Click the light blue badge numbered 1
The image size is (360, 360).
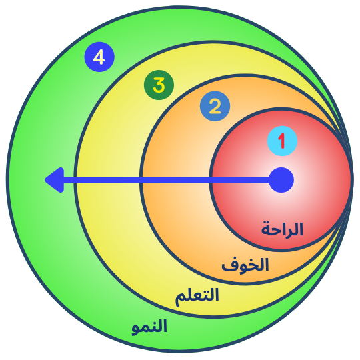[x=282, y=141]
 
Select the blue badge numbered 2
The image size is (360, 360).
[x=215, y=106]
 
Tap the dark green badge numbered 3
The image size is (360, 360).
[x=159, y=85]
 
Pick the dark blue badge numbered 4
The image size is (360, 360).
[x=99, y=57]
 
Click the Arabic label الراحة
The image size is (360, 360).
[x=282, y=229]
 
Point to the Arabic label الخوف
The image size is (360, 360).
[x=245, y=265]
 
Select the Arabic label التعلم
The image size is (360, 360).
[x=197, y=297]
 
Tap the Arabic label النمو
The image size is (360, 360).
[x=149, y=327]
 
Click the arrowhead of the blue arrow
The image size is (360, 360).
[x=55, y=180]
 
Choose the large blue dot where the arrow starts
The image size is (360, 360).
[x=281, y=180]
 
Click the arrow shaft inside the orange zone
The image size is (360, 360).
[x=175, y=180]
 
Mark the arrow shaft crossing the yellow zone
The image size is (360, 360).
[x=108, y=180]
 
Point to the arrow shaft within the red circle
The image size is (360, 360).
[x=241, y=180]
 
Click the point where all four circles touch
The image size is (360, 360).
[x=352, y=179]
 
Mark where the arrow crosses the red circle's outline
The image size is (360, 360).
[x=211, y=180]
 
